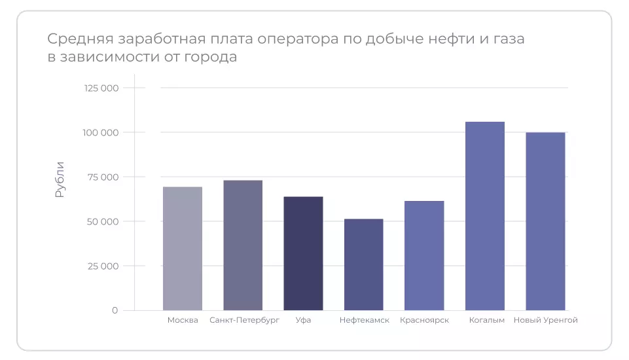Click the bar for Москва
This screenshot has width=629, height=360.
point(183,249)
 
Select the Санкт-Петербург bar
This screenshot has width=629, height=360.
point(243,245)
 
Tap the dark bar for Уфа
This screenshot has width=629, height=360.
point(303,253)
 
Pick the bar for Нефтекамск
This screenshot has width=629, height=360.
point(363,264)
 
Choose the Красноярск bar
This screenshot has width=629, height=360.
point(424,255)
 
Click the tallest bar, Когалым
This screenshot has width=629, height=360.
point(484,216)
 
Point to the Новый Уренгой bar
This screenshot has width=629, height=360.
point(545,221)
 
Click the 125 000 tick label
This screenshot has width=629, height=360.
point(101,88)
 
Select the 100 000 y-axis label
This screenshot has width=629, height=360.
point(101,132)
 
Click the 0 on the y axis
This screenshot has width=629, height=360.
point(115,310)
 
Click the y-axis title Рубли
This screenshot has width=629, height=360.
point(60,179)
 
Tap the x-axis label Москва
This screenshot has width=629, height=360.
point(183,321)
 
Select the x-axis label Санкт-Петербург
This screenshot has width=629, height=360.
point(244,321)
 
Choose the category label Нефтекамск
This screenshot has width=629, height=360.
point(365,321)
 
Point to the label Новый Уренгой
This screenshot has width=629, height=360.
point(546,321)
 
